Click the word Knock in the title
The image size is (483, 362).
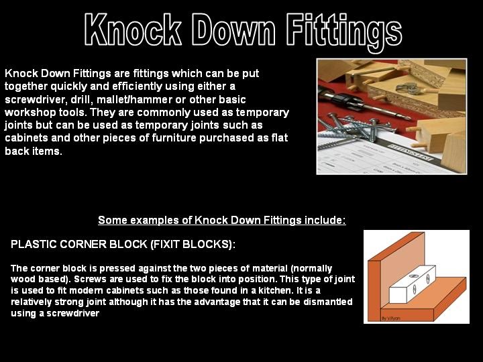pos(133,29)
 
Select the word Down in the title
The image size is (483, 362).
pos(232,29)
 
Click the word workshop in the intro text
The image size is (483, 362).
pos(30,112)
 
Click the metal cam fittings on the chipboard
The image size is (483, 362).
pos(406,87)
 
